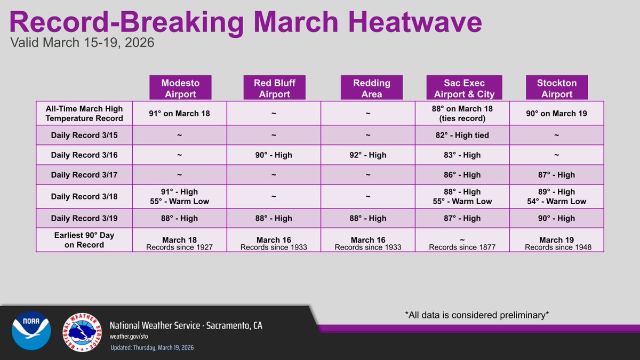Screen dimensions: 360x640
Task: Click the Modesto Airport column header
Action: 180,89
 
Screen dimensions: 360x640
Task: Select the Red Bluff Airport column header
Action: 274,89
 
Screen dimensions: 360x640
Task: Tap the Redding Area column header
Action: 371,89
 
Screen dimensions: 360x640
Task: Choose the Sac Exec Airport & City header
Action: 464,89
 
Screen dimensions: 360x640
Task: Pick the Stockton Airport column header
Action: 557,89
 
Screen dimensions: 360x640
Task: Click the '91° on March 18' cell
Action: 180,114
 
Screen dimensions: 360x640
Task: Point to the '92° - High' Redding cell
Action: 368,155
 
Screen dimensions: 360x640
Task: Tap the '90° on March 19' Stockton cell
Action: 557,114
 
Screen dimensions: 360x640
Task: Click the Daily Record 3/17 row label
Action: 84,175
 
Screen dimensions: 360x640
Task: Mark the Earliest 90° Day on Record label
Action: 84,241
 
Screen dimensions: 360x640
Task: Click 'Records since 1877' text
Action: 462,247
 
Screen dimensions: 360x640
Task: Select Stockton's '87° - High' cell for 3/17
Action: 557,175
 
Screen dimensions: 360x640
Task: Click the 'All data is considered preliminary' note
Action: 477,315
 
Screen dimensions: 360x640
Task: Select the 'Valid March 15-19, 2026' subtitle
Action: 83,43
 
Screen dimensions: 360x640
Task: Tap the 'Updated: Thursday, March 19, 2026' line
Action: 152,348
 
